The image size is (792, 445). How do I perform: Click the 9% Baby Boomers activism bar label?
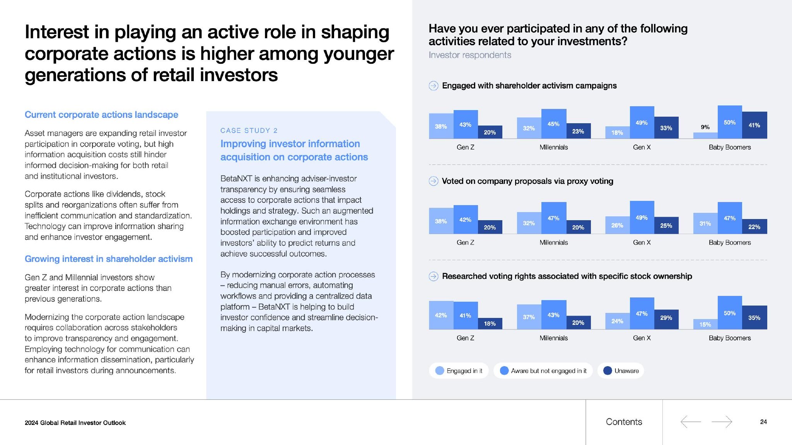[x=705, y=127]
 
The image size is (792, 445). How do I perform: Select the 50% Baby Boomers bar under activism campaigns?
[x=730, y=122]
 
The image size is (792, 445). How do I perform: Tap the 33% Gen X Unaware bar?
[x=666, y=127]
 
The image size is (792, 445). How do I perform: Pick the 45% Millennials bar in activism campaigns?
[x=553, y=124]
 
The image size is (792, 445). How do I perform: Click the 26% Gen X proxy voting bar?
[x=617, y=225]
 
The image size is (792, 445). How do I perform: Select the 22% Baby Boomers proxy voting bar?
[x=754, y=227]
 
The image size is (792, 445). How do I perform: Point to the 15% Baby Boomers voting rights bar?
[x=705, y=324]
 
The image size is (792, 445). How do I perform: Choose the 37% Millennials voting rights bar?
[x=529, y=317]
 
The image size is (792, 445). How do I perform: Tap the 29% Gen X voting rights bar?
[x=666, y=319]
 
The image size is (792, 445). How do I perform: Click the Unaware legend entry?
[x=621, y=371]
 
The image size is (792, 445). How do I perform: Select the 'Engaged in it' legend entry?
[x=459, y=371]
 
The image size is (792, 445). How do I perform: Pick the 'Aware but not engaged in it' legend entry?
[x=543, y=371]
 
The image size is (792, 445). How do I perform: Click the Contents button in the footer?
[x=624, y=422]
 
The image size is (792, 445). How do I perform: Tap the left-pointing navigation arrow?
[x=691, y=421]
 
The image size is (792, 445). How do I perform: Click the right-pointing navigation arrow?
[x=722, y=421]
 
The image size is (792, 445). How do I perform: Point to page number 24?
[x=763, y=422]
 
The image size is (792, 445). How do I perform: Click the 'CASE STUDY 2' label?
[x=249, y=131]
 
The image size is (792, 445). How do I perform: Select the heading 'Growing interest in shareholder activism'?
[x=109, y=259]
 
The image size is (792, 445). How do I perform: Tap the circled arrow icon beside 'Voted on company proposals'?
[x=434, y=181]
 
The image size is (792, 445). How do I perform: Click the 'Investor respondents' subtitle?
[x=470, y=55]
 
